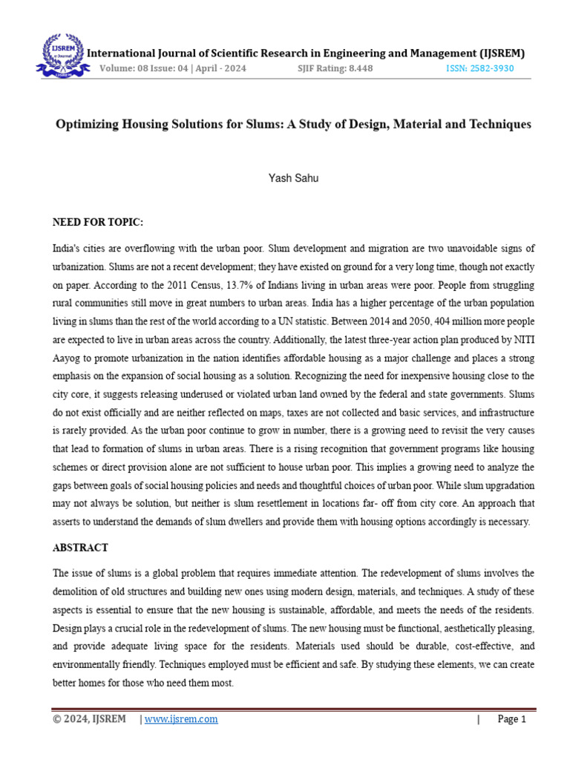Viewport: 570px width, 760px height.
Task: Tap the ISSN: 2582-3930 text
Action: pyautogui.click(x=479, y=68)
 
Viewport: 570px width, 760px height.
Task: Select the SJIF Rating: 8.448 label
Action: pyautogui.click(x=334, y=68)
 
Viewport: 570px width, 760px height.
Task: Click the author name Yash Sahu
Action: pyautogui.click(x=293, y=178)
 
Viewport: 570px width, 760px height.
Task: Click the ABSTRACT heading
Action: pyautogui.click(x=80, y=548)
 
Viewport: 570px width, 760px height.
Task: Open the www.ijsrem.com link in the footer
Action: pyautogui.click(x=182, y=719)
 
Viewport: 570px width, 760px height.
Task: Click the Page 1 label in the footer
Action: pyautogui.click(x=511, y=719)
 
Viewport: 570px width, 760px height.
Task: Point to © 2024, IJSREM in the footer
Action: pyautogui.click(x=89, y=719)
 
